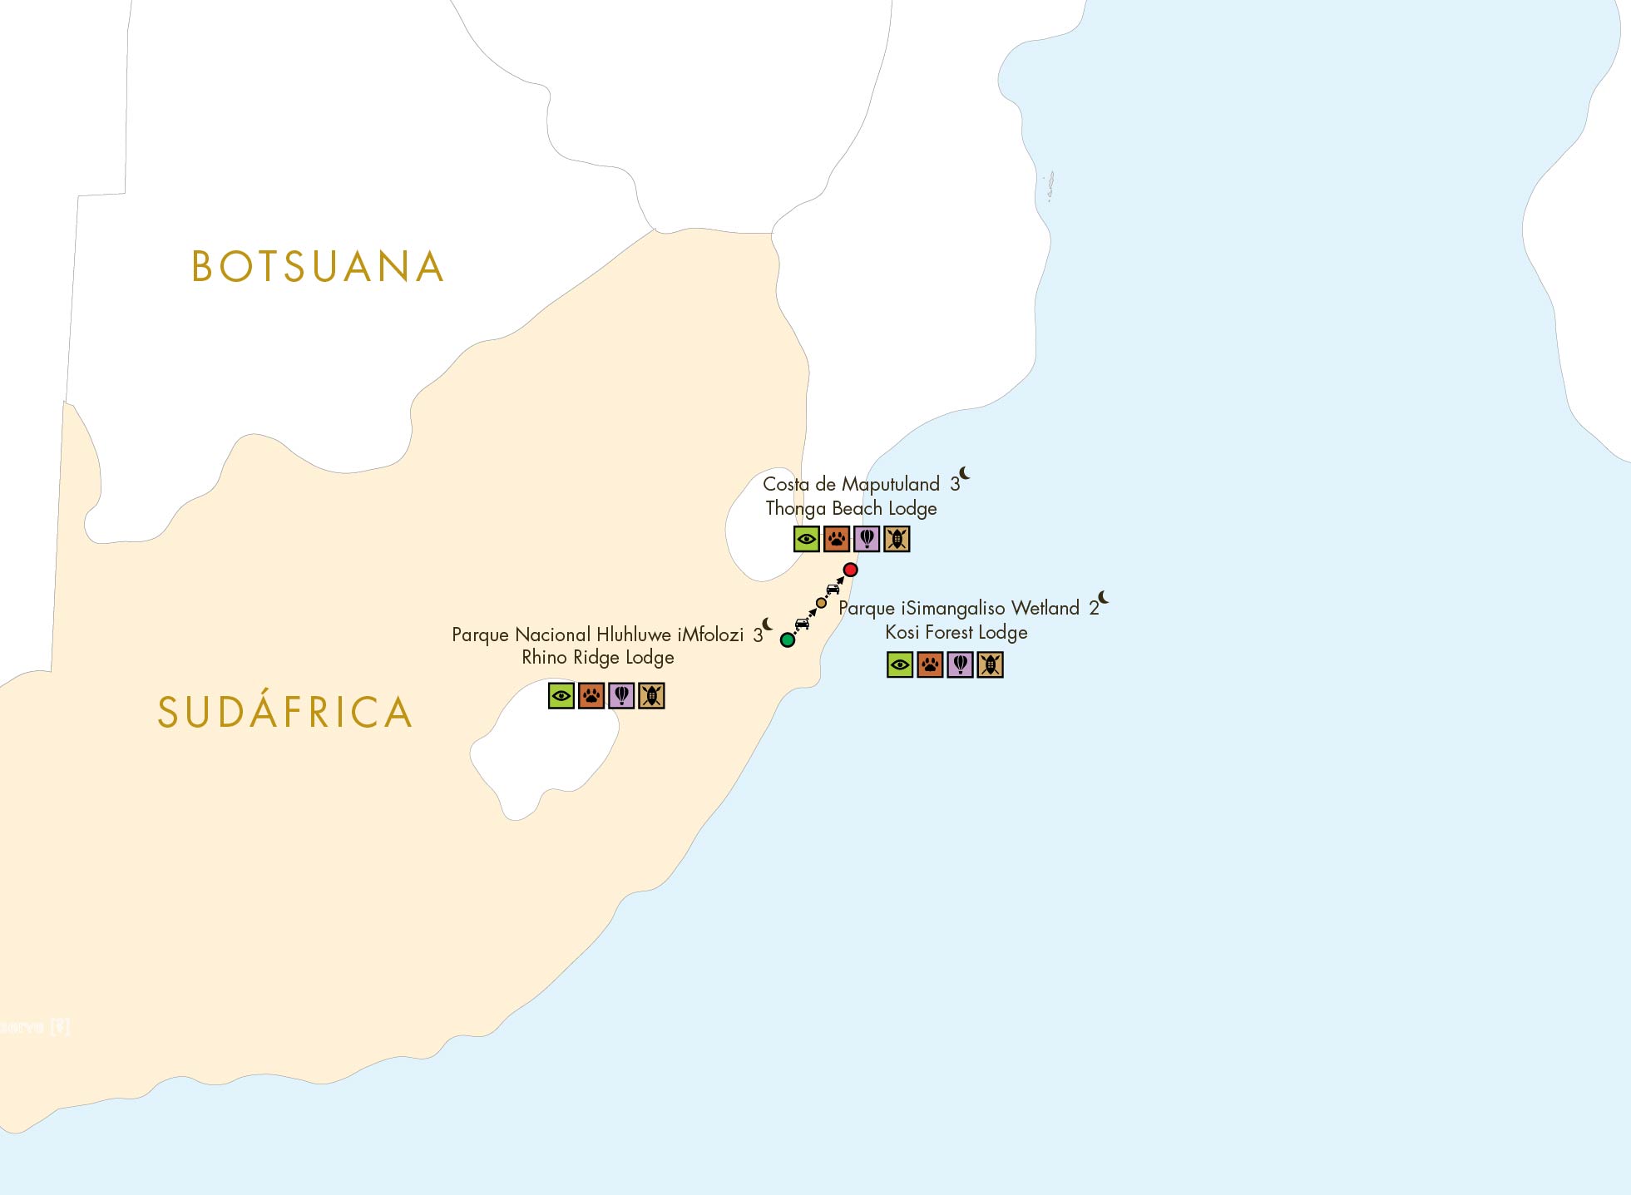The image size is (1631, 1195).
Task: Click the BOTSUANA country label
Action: (317, 267)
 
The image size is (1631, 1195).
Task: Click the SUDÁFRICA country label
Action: (285, 713)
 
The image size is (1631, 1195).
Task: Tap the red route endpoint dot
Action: (850, 570)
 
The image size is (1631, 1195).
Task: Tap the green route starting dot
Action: (788, 640)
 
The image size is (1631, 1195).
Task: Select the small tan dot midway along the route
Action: (822, 603)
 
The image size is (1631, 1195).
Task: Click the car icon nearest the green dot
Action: (802, 624)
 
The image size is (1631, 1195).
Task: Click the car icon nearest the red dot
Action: (833, 589)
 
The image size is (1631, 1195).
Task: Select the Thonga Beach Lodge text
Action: (851, 508)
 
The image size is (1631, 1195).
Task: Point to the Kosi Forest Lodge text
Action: (956, 632)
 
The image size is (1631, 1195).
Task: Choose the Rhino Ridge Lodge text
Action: (597, 658)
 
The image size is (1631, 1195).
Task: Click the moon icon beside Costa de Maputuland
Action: (965, 474)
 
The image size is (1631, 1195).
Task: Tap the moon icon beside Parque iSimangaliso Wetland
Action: (1104, 597)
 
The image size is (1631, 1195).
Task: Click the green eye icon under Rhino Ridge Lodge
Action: (561, 696)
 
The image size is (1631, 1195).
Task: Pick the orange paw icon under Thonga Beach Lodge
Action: (837, 540)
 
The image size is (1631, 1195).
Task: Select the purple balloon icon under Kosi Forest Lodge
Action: (960, 664)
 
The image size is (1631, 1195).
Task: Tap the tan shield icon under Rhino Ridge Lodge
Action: (651, 696)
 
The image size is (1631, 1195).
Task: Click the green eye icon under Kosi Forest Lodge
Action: (900, 664)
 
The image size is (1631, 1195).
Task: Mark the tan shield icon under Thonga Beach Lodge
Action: (897, 540)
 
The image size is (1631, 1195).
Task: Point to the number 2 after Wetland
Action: (1094, 609)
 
